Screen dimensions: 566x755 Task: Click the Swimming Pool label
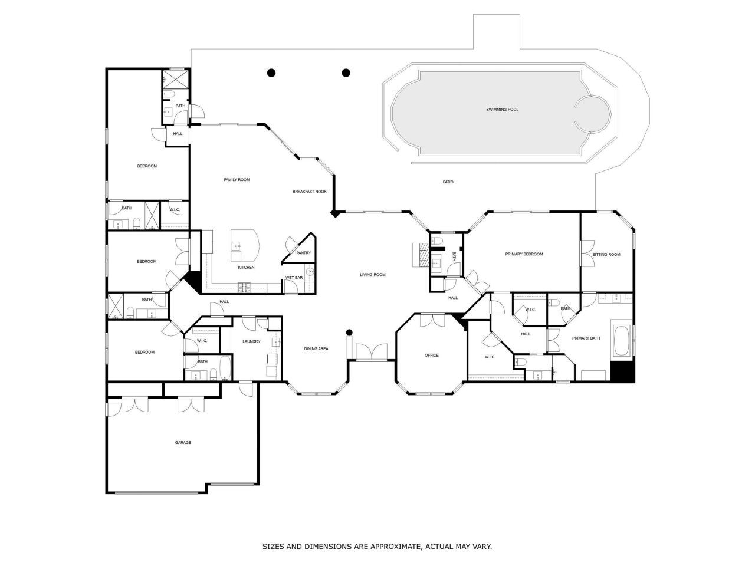point(502,110)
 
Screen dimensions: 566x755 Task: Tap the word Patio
point(448,182)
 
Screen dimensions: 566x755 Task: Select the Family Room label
point(237,180)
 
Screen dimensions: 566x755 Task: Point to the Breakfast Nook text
point(310,192)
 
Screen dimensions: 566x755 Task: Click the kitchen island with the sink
point(245,246)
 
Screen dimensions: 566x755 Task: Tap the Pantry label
point(304,253)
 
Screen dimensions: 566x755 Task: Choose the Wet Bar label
point(294,277)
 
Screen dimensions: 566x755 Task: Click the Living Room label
point(373,275)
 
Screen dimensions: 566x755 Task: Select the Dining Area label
point(316,349)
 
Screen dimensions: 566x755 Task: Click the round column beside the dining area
point(349,332)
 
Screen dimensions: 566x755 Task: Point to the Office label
point(432,355)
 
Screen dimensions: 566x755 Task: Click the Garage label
point(183,442)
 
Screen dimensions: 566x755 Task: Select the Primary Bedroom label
point(524,254)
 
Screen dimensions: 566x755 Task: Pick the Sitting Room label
point(606,255)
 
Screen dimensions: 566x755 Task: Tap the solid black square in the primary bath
point(622,371)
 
